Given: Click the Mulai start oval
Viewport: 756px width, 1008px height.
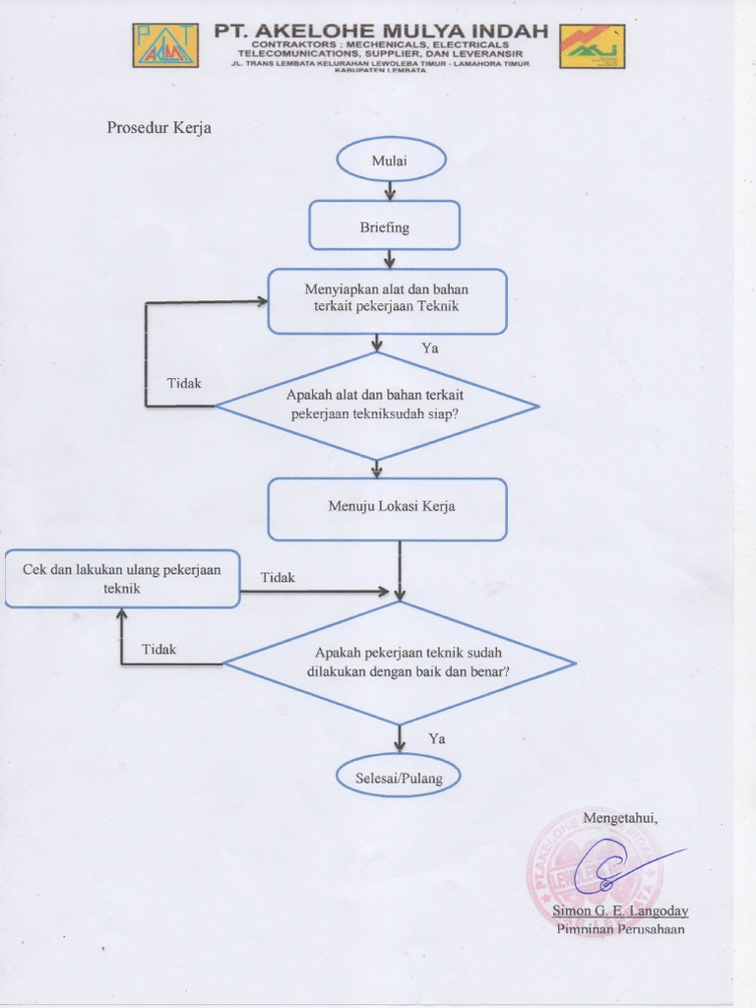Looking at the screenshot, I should coord(391,159).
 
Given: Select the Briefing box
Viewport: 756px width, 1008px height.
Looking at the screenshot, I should coord(384,226).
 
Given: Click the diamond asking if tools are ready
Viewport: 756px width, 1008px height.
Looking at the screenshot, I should coord(376,405).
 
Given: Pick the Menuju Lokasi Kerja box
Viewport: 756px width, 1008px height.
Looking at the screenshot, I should coord(387,508).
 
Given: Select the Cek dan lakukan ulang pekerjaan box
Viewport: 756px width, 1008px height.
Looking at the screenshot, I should coord(122,579).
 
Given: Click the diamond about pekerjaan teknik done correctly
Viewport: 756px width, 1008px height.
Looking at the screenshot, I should coord(399,662).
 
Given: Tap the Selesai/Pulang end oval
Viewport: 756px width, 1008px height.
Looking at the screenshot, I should coord(399,777).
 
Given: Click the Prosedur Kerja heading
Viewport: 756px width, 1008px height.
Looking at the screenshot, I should coord(158,128).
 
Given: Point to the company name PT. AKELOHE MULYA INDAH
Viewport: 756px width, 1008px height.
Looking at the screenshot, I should coord(381,31).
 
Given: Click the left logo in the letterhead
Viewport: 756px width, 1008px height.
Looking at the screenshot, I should coord(165,45).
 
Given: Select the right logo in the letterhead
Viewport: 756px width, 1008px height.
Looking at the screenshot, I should coord(592,46).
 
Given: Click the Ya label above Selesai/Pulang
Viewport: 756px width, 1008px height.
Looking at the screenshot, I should coord(437,738).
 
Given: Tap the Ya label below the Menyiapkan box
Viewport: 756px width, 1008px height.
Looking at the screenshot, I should coord(430,347).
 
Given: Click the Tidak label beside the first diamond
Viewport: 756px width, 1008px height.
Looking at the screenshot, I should coord(183,383).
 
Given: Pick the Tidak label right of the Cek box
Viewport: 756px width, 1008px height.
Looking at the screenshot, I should coord(278,578).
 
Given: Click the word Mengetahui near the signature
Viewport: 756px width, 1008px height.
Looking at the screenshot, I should coord(619,817).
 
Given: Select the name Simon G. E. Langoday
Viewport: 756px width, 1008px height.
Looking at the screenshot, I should coord(620,911).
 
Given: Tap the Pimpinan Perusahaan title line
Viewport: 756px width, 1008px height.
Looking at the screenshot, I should coord(620,928).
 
